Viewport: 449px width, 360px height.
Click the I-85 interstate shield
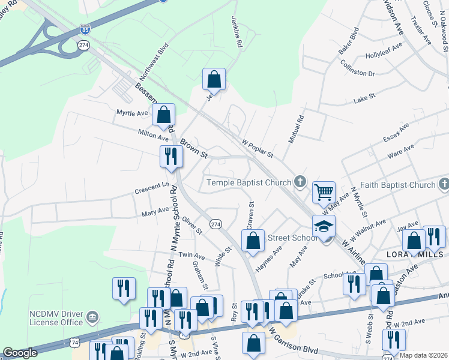(x=86, y=29)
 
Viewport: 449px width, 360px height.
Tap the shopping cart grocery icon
(x=324, y=193)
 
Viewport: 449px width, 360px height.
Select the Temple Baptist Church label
(x=249, y=182)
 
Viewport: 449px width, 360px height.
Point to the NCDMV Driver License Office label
(x=56, y=317)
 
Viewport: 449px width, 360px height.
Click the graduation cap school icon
(x=324, y=226)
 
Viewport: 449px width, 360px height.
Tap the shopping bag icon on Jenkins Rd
(x=214, y=79)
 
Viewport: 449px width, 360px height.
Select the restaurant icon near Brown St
(x=170, y=156)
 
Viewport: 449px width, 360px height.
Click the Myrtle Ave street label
(x=132, y=113)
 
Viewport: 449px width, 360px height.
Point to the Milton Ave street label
(x=137, y=136)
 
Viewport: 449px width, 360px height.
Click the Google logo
(x=20, y=353)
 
